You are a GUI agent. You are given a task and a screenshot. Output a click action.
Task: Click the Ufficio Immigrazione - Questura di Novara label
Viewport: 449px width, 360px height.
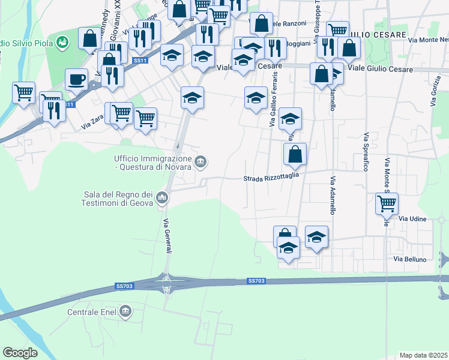152,162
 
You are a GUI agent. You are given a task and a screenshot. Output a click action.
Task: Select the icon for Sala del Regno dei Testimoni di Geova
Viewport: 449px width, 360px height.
162,197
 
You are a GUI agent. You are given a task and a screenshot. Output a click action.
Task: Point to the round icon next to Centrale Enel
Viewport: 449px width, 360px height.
125,311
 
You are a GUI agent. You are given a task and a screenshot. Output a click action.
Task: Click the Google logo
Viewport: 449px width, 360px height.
20,352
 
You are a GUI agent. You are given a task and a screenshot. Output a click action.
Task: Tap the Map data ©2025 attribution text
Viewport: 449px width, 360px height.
423,355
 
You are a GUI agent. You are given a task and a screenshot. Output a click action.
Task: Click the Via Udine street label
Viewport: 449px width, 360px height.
412,219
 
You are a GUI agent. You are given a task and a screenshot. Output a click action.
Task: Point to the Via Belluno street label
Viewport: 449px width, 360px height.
410,259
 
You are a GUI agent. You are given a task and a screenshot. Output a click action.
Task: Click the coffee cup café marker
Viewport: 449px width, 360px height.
76,79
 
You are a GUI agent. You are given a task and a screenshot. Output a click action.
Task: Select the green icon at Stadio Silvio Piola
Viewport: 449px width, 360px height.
62,43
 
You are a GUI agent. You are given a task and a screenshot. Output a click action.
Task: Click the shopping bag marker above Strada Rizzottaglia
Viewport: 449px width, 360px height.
295,154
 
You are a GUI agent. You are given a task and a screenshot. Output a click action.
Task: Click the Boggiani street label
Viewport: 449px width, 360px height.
298,44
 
